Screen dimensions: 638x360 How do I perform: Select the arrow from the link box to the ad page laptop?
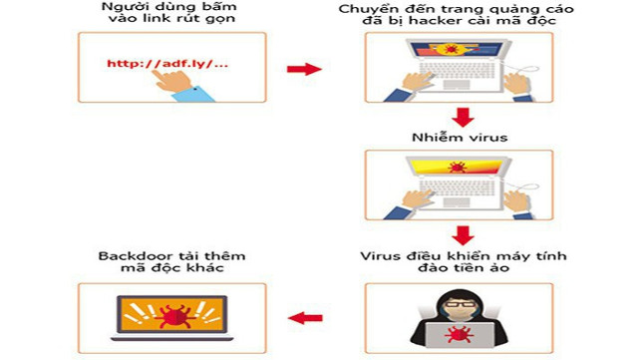[x=303, y=69]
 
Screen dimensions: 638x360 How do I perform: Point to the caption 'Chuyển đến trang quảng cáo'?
[x=458, y=9]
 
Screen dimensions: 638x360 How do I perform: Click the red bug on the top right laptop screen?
[x=451, y=48]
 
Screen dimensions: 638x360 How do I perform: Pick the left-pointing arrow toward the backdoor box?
[x=305, y=318]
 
